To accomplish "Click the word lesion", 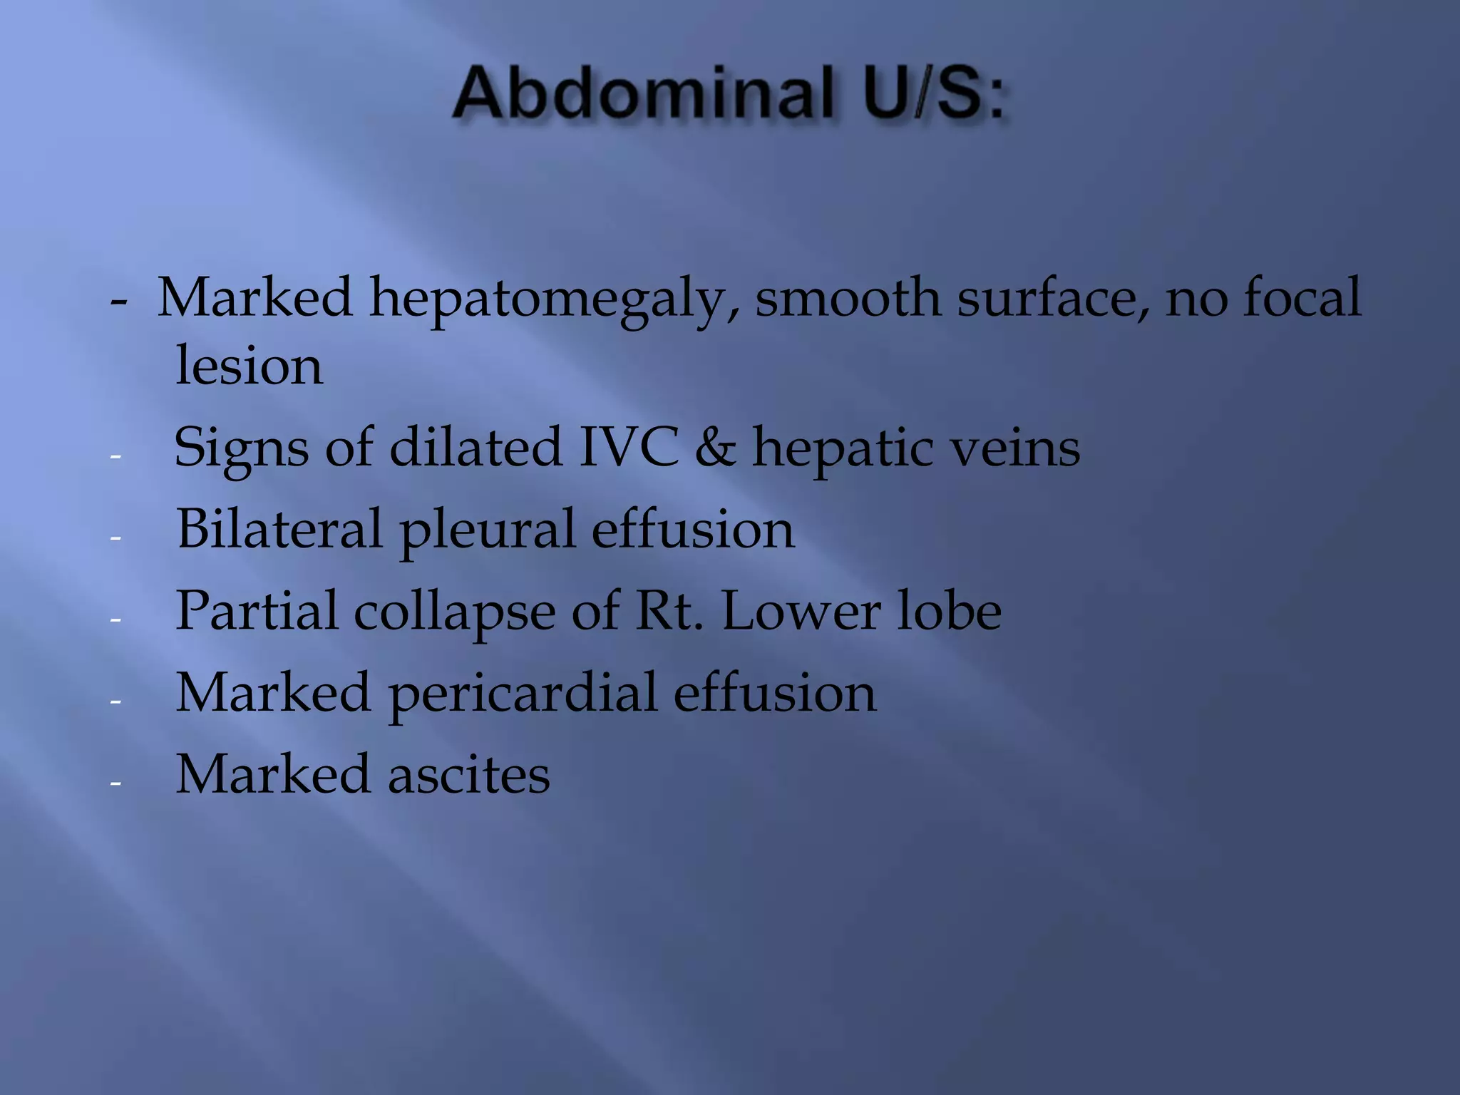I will (x=249, y=366).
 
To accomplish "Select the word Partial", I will (x=256, y=611).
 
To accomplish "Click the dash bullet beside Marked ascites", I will (x=116, y=783).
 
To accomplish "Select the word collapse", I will (x=454, y=612).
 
